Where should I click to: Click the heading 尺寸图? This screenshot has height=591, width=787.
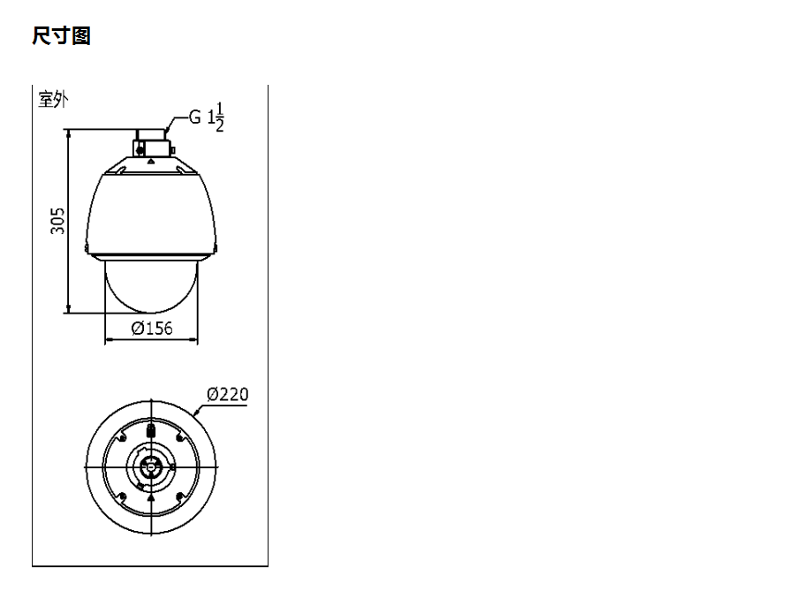click(61, 36)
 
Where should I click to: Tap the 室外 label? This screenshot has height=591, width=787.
click(53, 99)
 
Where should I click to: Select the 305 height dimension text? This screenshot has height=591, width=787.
click(57, 221)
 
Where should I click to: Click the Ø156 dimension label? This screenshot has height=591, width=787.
click(151, 329)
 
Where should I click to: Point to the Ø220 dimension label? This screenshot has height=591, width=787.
click(227, 394)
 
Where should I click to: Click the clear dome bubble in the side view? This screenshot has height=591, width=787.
click(151, 287)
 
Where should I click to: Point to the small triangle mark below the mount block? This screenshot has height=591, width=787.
click(151, 163)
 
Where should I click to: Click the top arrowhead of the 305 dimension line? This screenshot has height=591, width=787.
click(68, 133)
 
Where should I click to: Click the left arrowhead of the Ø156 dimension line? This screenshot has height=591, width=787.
click(109, 339)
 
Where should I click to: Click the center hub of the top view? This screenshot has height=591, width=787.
click(151, 466)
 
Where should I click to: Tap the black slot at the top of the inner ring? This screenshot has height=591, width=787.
click(151, 431)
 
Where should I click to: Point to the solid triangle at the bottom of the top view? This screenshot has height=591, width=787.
click(151, 499)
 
